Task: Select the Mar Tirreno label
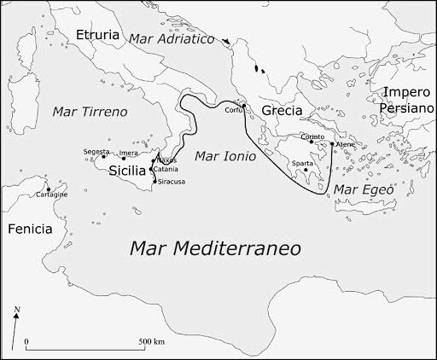[90, 112]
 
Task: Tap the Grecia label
[282, 112]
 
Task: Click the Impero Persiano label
[408, 101]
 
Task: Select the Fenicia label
[29, 229]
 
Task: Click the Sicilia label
[125, 170]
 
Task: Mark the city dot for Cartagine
[49, 189]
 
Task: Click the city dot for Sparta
[306, 170]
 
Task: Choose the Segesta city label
[96, 151]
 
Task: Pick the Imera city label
[129, 154]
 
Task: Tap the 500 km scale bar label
[153, 341]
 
